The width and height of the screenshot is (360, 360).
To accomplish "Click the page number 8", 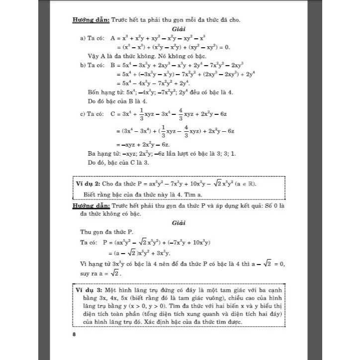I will tap(74, 334).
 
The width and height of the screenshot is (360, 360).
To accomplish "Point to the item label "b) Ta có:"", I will tap(92, 65).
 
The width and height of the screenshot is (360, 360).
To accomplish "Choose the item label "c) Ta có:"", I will tap(92, 113).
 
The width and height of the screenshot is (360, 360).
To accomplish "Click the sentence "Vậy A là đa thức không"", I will tap(120, 56).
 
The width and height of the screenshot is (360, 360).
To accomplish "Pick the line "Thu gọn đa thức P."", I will tap(107, 232).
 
